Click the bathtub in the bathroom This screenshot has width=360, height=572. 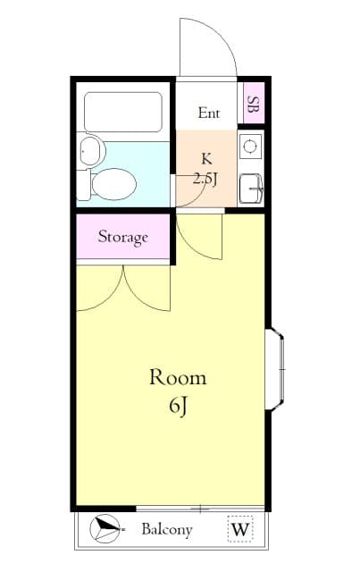(122, 113)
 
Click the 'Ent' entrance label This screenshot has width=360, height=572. (208, 113)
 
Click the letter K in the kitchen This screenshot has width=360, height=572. (206, 159)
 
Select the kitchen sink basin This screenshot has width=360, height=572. (251, 186)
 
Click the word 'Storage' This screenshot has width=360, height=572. (122, 238)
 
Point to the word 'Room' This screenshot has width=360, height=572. (177, 377)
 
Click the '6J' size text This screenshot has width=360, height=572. (178, 407)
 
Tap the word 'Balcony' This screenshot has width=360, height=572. (166, 530)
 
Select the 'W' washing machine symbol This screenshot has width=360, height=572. (239, 530)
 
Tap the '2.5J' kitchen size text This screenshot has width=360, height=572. (206, 177)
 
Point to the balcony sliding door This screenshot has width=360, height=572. (200, 509)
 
